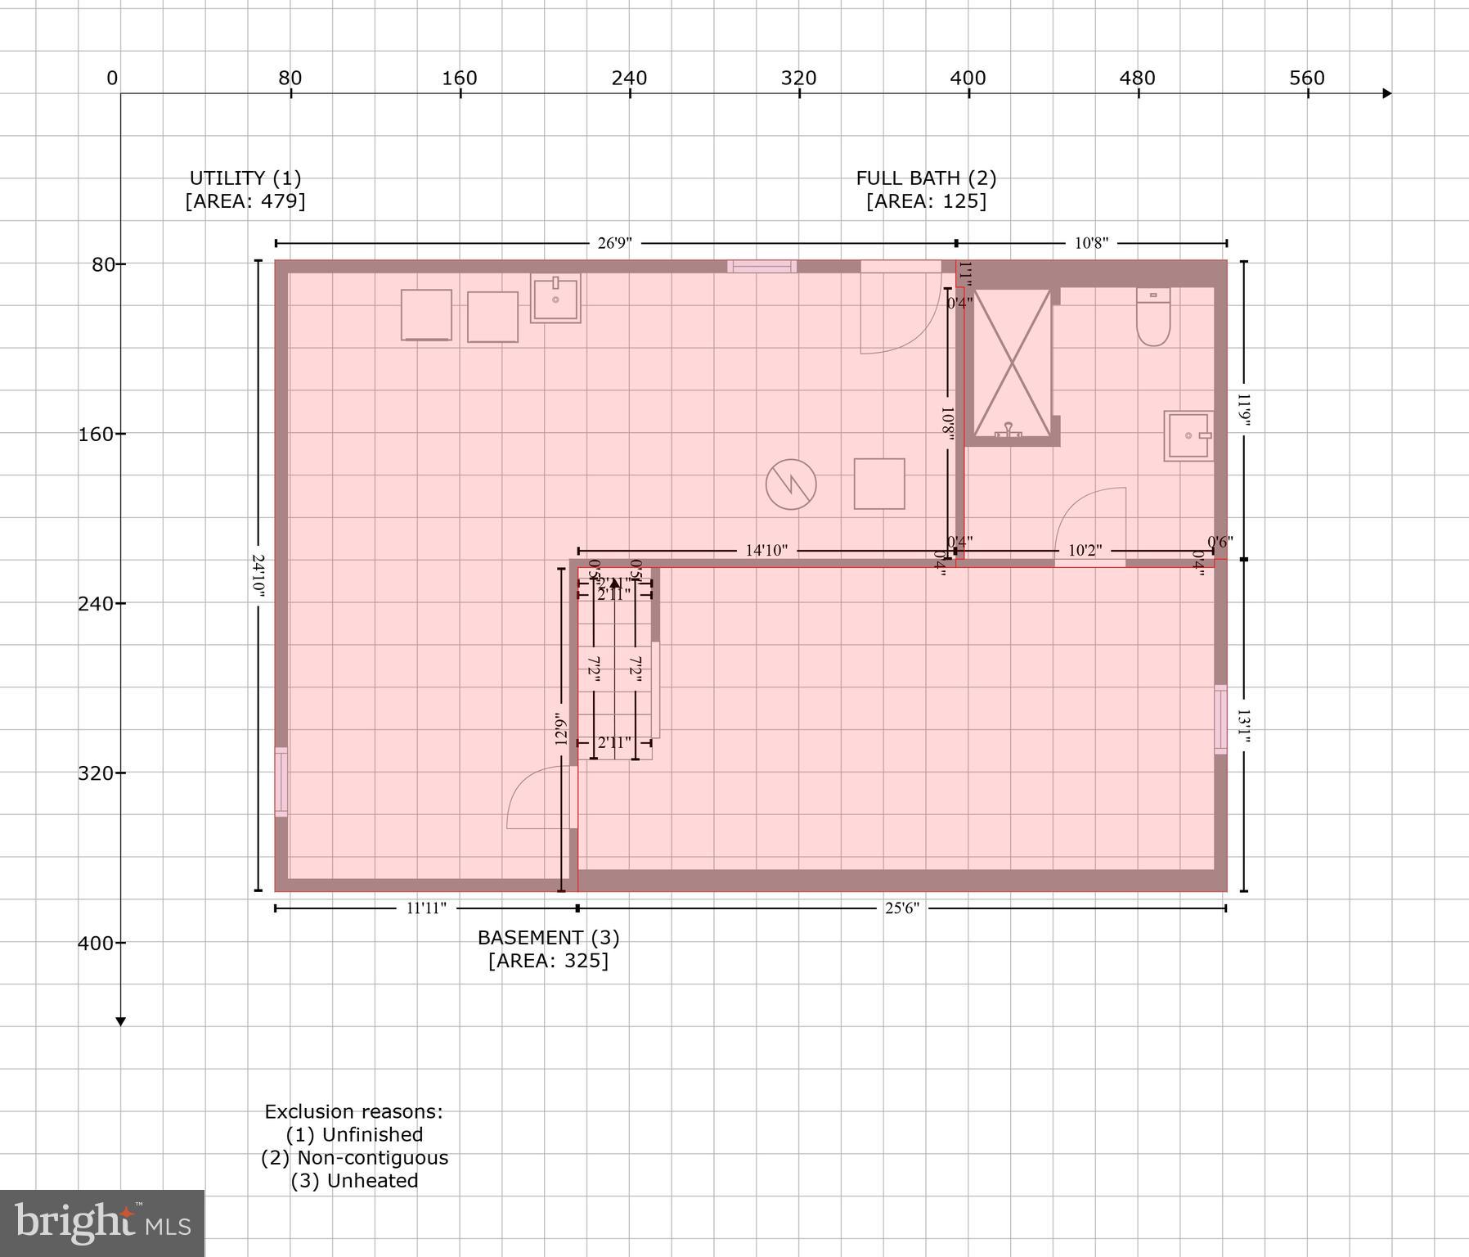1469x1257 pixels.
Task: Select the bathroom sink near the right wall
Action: (x=1188, y=436)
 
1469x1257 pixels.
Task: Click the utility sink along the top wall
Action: (x=555, y=298)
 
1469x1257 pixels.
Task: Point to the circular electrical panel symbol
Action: (x=791, y=484)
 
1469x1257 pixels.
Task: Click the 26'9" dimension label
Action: (x=615, y=243)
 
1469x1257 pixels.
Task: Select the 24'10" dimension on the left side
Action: (x=258, y=576)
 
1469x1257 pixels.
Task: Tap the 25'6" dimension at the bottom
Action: (x=901, y=908)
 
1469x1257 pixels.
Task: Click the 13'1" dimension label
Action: (x=1243, y=727)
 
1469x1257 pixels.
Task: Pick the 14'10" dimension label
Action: (x=766, y=551)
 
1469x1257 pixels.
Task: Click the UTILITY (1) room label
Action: (x=245, y=178)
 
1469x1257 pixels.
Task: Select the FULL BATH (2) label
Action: (x=926, y=178)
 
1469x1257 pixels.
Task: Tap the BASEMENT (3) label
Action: (x=548, y=938)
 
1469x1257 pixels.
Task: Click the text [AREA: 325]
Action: (x=548, y=961)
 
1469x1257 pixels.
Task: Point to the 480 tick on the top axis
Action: (x=1137, y=79)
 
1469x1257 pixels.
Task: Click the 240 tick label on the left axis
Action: (x=97, y=603)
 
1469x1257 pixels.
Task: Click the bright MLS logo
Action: (x=102, y=1223)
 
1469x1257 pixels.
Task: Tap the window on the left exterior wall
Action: (x=281, y=782)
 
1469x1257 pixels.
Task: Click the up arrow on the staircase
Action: (x=615, y=583)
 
